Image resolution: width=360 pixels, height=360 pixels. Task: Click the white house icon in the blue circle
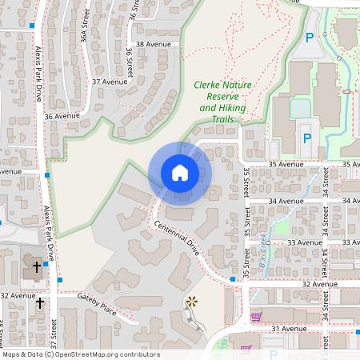pyautogui.click(x=179, y=173)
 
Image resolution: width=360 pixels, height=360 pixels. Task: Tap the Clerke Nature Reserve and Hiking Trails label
pyautogui.click(x=218, y=102)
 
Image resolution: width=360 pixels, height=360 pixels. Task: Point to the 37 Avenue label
pyautogui.click(x=110, y=82)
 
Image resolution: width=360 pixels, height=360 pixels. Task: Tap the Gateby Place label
pyautogui.click(x=97, y=304)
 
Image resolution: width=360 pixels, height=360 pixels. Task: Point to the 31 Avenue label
pyautogui.click(x=289, y=329)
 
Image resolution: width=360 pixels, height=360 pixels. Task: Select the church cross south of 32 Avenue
pyautogui.click(x=40, y=303)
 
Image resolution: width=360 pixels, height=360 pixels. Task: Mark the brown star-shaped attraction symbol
pyautogui.click(x=191, y=302)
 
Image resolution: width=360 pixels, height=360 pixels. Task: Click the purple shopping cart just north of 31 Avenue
pyautogui.click(x=256, y=317)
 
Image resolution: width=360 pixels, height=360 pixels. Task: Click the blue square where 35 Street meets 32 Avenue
pyautogui.click(x=232, y=278)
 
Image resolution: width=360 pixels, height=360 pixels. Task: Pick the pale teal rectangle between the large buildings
pyautogui.click(x=300, y=107)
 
